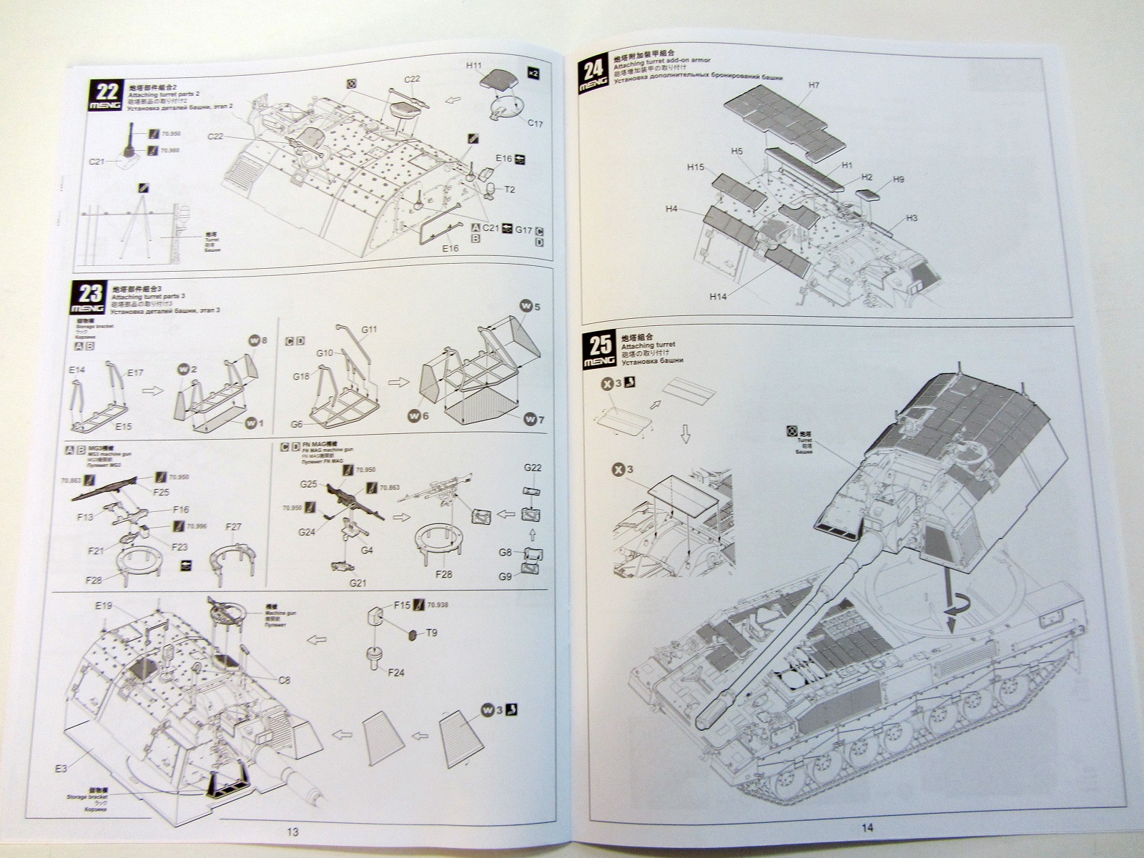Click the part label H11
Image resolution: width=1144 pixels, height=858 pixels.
(x=474, y=65)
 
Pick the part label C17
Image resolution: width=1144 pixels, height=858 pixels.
(x=535, y=124)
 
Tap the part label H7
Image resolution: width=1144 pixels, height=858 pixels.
(x=814, y=86)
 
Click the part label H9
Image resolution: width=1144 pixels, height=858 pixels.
(x=899, y=179)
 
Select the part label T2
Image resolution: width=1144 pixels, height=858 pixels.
(x=510, y=189)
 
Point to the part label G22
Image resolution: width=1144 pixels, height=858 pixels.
(x=532, y=468)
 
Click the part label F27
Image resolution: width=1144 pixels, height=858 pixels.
(x=234, y=528)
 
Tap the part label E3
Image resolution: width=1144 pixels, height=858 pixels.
(x=62, y=769)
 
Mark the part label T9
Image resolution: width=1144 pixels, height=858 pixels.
(x=431, y=633)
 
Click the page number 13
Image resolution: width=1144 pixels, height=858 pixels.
(x=292, y=832)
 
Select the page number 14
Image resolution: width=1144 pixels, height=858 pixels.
(x=867, y=828)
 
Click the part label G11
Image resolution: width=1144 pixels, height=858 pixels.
(x=369, y=330)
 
